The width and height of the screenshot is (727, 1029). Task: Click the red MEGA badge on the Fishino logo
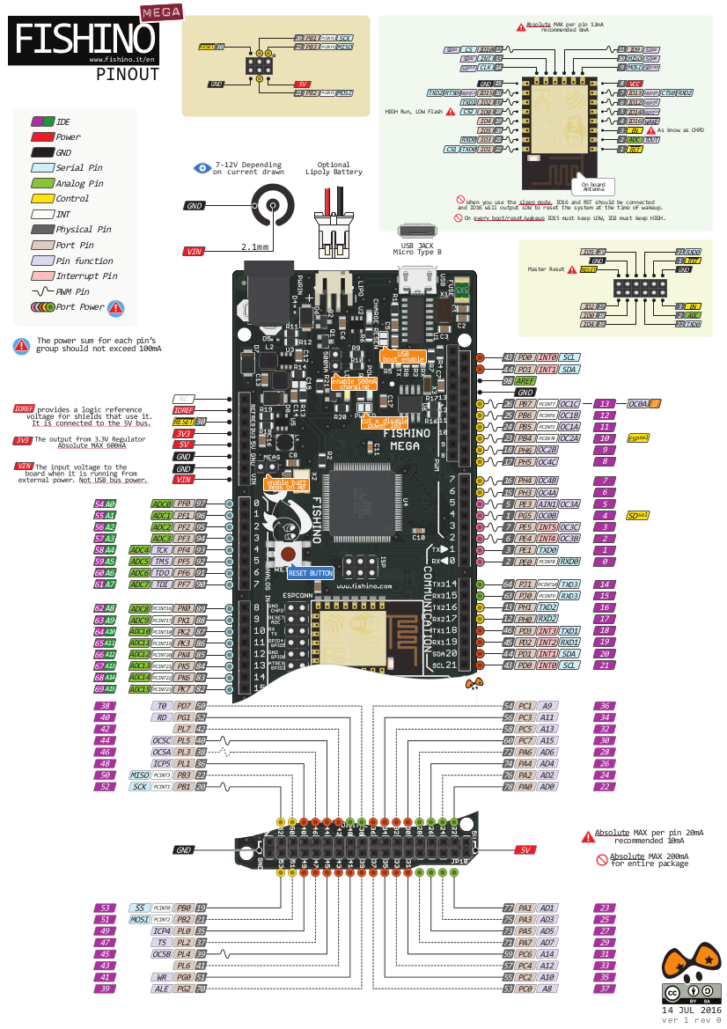161,11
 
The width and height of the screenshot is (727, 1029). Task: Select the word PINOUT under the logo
128,75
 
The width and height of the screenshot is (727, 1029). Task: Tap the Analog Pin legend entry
78,183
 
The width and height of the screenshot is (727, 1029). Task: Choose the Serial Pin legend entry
78,167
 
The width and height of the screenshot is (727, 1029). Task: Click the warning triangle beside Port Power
115,307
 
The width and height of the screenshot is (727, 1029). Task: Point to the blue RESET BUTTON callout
310,573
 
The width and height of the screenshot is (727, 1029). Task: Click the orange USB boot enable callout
404,356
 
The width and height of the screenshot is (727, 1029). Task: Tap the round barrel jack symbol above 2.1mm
273,206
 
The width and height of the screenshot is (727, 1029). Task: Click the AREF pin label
525,381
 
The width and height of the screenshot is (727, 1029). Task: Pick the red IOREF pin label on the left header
184,409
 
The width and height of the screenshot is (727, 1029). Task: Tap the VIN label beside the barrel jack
194,252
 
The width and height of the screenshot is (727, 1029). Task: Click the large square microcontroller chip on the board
363,503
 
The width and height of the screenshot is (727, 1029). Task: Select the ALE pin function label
161,989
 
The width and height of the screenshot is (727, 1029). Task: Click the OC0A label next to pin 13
638,403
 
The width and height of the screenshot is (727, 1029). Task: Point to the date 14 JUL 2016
692,1009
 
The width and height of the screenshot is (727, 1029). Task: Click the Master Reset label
544,268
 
